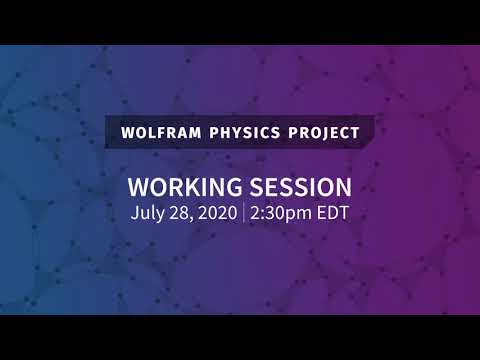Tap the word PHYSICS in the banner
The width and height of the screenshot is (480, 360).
[x=240, y=131]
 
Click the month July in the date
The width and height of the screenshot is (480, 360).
[x=147, y=213]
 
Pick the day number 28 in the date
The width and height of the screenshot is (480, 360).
[x=178, y=213]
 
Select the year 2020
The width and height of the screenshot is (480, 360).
[x=215, y=213]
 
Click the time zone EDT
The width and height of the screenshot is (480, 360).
[x=332, y=213]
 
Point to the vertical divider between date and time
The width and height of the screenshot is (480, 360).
[x=243, y=213]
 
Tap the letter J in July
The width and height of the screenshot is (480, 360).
[x=134, y=213]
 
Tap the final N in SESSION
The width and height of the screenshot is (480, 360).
[x=342, y=188]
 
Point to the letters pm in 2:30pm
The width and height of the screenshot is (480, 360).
[x=298, y=214]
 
